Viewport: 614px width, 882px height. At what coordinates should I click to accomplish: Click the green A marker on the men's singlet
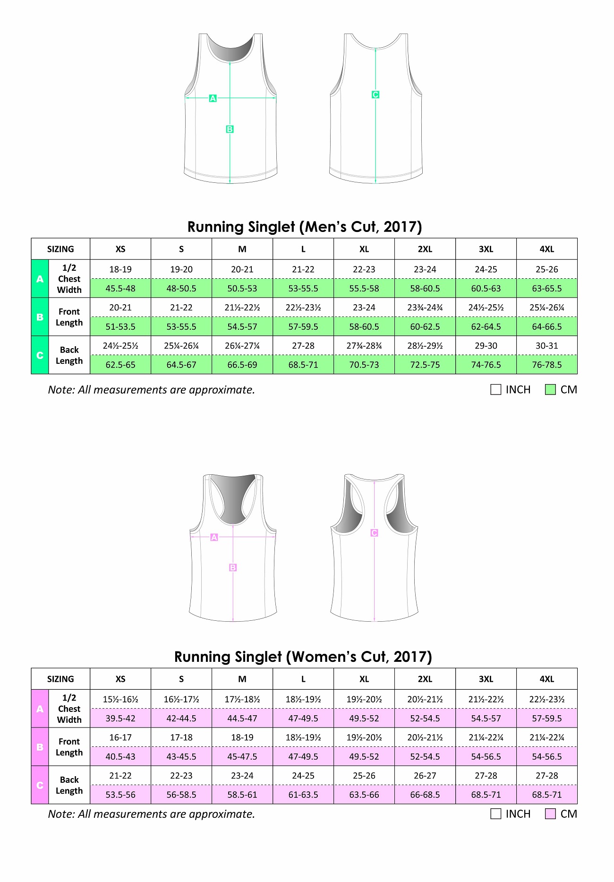click(213, 98)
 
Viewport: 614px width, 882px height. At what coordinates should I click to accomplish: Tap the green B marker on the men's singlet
click(230, 129)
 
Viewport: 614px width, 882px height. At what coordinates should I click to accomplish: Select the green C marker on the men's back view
click(375, 94)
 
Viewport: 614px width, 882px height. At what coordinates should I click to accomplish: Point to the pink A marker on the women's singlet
click(214, 537)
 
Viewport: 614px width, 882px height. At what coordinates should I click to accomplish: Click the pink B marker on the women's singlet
click(233, 567)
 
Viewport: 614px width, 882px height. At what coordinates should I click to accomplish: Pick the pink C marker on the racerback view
click(374, 533)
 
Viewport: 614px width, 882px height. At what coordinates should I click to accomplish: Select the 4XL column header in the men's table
click(546, 249)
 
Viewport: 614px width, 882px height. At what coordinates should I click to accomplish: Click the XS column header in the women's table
click(120, 679)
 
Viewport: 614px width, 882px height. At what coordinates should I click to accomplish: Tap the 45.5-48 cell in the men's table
click(120, 288)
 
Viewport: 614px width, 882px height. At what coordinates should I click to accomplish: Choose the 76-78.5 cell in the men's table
click(546, 365)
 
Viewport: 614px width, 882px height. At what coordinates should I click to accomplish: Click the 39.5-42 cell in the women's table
click(120, 718)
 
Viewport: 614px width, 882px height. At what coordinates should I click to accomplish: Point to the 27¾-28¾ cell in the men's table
click(364, 346)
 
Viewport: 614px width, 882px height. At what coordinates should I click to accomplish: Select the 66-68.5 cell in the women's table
click(425, 795)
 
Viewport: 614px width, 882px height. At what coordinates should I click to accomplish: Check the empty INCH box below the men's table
click(496, 390)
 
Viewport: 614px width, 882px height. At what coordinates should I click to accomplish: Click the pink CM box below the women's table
click(550, 814)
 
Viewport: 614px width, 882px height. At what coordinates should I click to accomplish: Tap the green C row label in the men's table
click(40, 355)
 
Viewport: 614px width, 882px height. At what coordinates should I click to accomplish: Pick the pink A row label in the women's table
click(40, 709)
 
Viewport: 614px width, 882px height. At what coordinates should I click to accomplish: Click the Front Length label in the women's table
click(69, 747)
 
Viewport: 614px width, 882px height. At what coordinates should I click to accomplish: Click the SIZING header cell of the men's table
click(60, 249)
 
